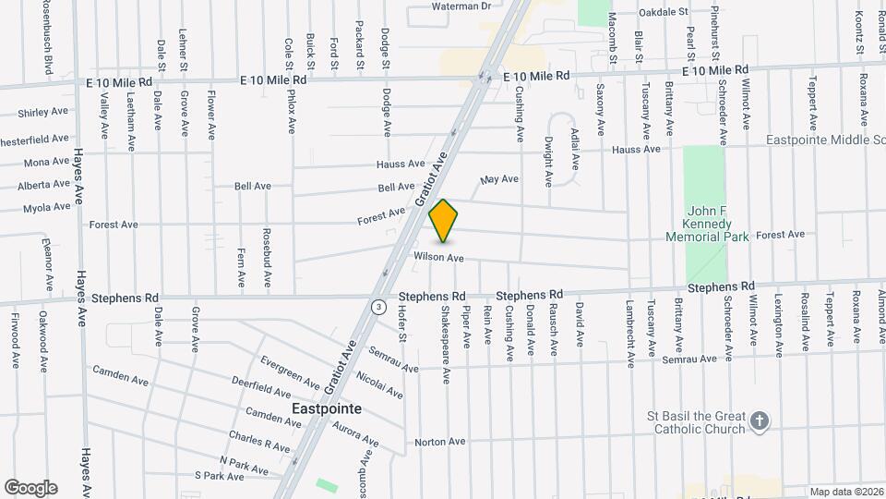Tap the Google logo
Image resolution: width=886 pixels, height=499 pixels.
[x=30, y=487]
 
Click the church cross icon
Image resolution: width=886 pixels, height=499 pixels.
[x=759, y=421]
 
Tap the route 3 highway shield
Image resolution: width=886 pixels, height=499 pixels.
[x=377, y=307]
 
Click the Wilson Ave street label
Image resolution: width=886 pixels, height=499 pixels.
[x=438, y=257]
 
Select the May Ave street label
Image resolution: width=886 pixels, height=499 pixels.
[x=500, y=179]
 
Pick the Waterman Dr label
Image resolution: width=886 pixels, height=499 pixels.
[x=462, y=6]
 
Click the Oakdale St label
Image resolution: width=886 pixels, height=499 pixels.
[x=664, y=12]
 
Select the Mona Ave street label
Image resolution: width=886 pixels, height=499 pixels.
[x=47, y=162]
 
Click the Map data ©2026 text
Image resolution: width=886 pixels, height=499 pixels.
[x=845, y=492]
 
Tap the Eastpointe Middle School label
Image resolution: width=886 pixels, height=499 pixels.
[x=825, y=140]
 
